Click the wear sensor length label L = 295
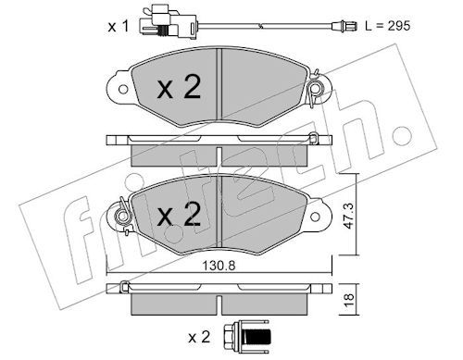pyautogui.click(x=388, y=26)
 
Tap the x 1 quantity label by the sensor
pyautogui.click(x=119, y=27)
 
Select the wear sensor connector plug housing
pyautogui.click(x=167, y=24)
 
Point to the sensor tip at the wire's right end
pyautogui.click(x=344, y=26)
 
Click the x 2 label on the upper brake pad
pyautogui.click(x=179, y=87)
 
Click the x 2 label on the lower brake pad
pyautogui.click(x=179, y=214)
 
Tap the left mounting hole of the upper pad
pyautogui.click(x=123, y=90)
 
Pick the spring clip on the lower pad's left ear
pyautogui.click(x=123, y=216)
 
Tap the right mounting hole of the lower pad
pyautogui.click(x=315, y=217)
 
